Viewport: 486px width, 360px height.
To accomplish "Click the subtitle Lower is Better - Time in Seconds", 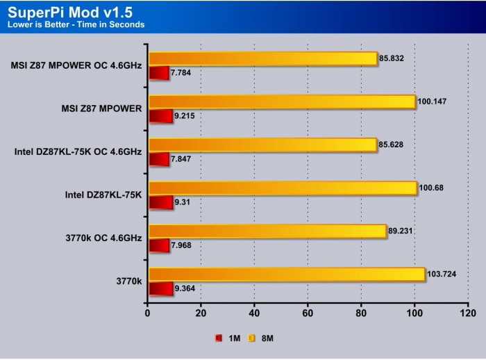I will [x=76, y=25].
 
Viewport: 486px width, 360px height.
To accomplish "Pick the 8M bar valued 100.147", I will [x=281, y=102].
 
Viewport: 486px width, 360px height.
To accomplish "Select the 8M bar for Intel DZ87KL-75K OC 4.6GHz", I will [x=262, y=145].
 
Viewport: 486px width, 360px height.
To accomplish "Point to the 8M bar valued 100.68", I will [x=282, y=188].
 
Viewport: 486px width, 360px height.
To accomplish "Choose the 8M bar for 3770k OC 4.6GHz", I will [x=266, y=231].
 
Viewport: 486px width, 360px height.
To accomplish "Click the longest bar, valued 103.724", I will [x=285, y=275].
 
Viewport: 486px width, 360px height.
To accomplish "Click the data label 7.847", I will [x=183, y=159].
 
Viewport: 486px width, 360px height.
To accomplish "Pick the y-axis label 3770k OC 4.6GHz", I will [x=102, y=238].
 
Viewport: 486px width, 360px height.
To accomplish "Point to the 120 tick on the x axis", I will [x=467, y=313].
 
